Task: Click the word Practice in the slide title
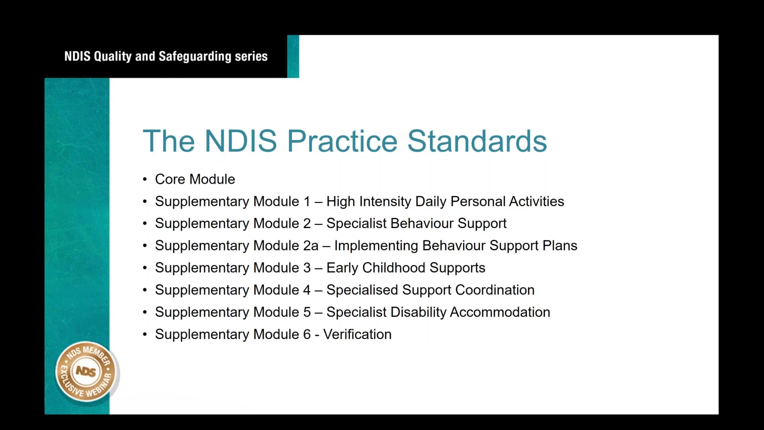pyautogui.click(x=342, y=141)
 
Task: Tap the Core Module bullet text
pyautogui.click(x=195, y=179)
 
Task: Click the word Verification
pyautogui.click(x=357, y=334)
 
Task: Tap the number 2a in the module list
pyautogui.click(x=311, y=246)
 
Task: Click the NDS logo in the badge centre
pyautogui.click(x=86, y=371)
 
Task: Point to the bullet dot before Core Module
pyautogui.click(x=145, y=180)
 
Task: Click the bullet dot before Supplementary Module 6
pyautogui.click(x=145, y=335)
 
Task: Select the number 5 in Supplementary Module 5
pyautogui.click(x=307, y=312)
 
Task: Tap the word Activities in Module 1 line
pyautogui.click(x=536, y=201)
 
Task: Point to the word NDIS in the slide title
pyautogui.click(x=240, y=141)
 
